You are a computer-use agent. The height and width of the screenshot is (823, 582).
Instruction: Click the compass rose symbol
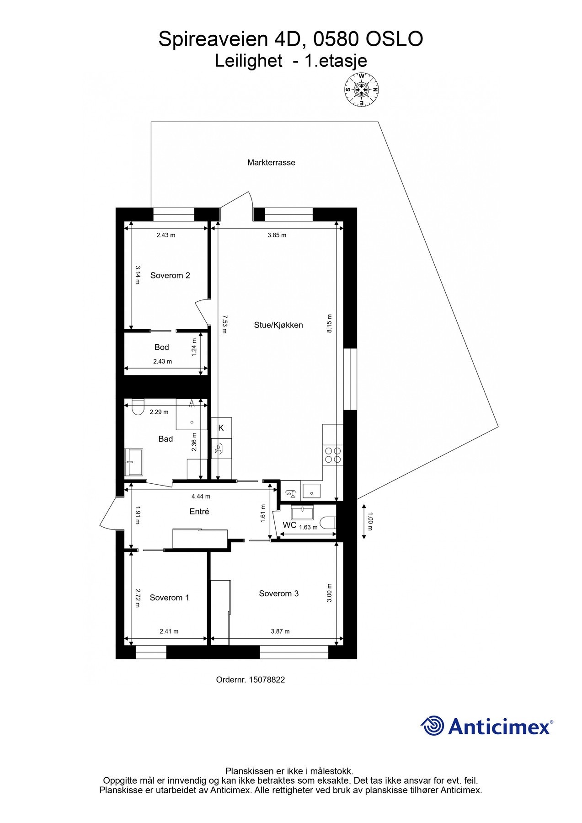362,90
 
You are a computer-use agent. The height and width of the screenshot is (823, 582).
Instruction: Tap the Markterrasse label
271,162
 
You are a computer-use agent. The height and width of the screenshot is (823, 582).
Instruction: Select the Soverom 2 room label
170,275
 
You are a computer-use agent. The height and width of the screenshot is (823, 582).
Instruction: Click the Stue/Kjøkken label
278,325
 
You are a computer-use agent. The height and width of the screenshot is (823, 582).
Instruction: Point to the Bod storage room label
161,347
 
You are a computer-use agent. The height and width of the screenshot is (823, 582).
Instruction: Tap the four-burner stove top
332,454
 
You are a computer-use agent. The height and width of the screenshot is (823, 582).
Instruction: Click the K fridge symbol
221,428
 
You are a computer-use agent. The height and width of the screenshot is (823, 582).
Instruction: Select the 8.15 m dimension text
330,323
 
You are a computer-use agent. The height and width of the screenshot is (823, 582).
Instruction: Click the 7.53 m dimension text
224,323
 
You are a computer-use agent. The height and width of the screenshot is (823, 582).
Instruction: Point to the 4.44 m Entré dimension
201,496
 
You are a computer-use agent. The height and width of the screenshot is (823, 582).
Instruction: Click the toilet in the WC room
328,523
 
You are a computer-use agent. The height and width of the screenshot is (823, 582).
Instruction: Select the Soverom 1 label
169,598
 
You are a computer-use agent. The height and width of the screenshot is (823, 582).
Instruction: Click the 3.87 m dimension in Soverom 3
280,631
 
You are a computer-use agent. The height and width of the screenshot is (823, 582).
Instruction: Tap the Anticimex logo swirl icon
432,726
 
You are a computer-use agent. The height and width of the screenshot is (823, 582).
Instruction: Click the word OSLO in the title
395,39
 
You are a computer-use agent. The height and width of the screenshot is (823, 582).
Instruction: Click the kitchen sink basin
311,492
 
